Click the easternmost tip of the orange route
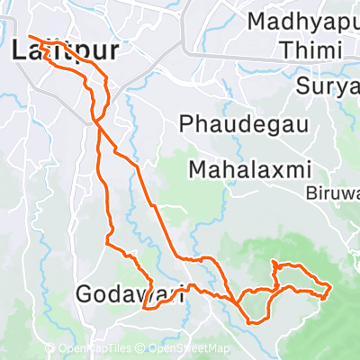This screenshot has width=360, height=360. (x=330, y=288)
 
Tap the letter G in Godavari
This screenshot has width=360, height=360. (x=85, y=293)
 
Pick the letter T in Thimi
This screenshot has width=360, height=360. (x=285, y=51)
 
